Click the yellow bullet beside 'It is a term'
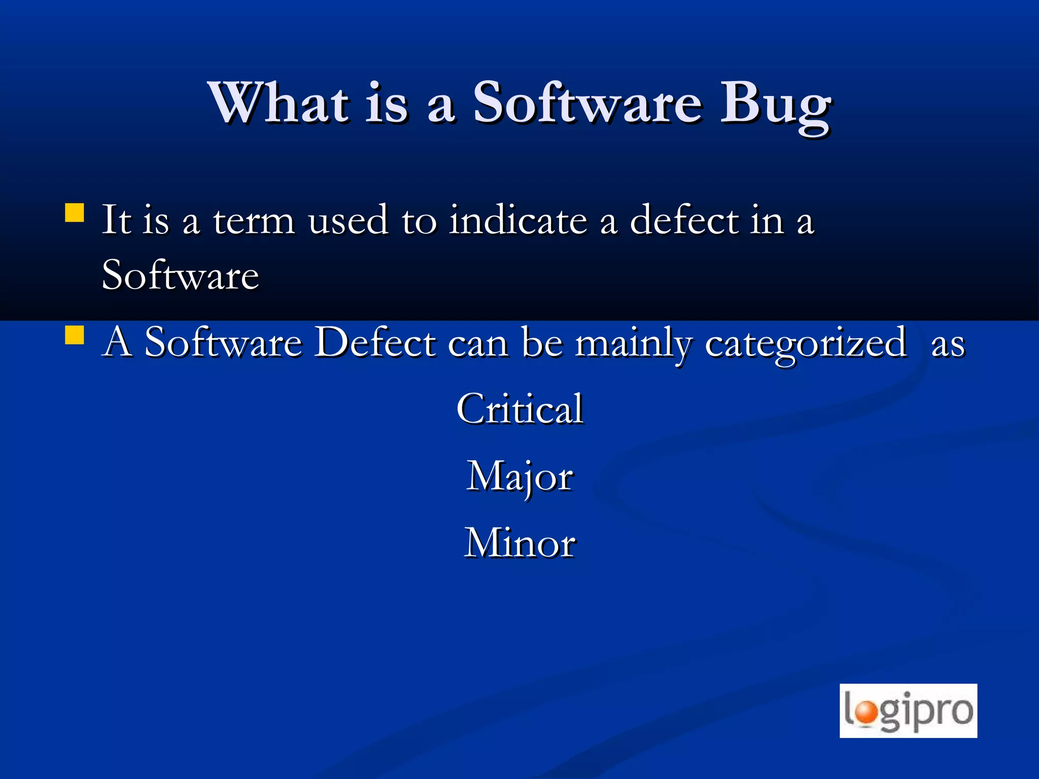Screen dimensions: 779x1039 [x=75, y=213]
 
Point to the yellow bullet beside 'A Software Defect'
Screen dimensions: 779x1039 [x=75, y=335]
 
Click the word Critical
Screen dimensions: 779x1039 [x=519, y=409]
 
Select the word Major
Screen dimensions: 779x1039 [x=519, y=477]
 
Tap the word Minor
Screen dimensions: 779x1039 [x=519, y=543]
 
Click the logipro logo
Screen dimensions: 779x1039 [x=908, y=710]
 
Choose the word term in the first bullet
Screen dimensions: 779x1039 [x=254, y=222]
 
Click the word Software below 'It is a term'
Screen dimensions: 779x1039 [x=181, y=275]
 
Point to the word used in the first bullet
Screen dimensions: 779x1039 [x=348, y=222]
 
